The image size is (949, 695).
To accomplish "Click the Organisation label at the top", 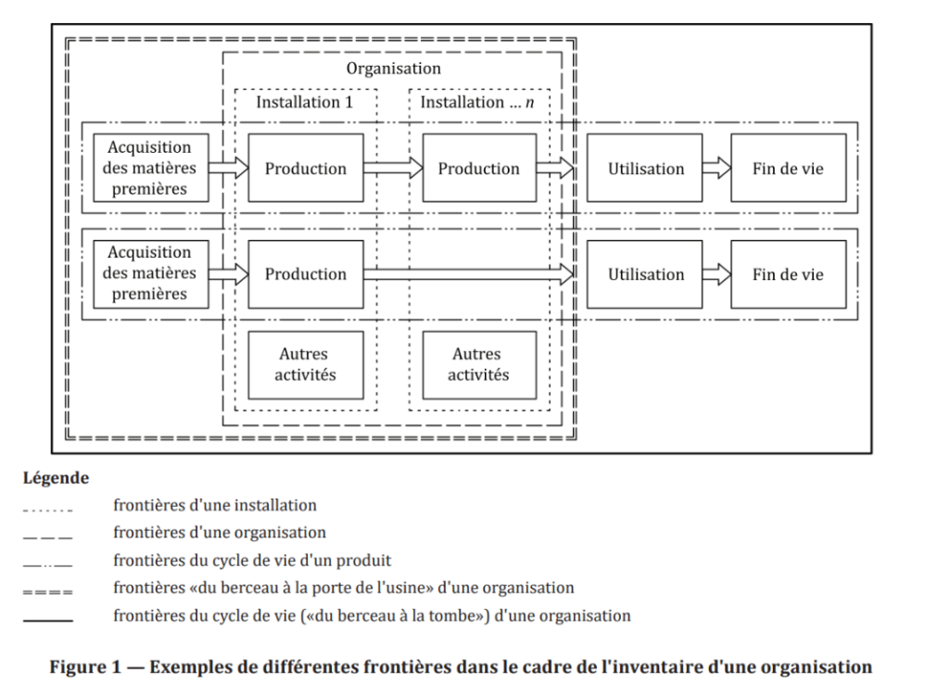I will pyautogui.click(x=393, y=69).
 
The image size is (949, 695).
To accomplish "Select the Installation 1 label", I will pyautogui.click(x=305, y=102).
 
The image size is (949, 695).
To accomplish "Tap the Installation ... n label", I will pyautogui.click(x=478, y=102).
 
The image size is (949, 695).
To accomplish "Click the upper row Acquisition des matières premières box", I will pyautogui.click(x=149, y=168).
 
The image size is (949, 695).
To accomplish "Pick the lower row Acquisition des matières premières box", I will pyautogui.click(x=149, y=273).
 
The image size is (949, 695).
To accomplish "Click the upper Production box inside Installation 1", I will pyautogui.click(x=305, y=169).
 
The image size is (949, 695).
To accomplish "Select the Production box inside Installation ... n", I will pyautogui.click(x=478, y=169).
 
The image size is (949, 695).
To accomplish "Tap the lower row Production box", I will pyautogui.click(x=305, y=274).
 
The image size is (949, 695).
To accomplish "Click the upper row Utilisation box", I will pyautogui.click(x=645, y=169).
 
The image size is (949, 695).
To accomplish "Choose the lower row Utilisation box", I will pyautogui.click(x=645, y=274).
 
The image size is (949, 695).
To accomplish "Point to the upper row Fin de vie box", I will pyautogui.click(x=788, y=169).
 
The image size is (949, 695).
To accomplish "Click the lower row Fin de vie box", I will pyautogui.click(x=788, y=274).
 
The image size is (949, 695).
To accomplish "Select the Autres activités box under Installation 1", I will pyautogui.click(x=305, y=364).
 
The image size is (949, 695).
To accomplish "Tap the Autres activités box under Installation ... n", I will pyautogui.click(x=478, y=364).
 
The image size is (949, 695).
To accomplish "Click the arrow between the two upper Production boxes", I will pyautogui.click(x=393, y=169).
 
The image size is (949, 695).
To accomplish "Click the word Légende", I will pyautogui.click(x=56, y=478).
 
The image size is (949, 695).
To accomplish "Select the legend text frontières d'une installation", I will pyautogui.click(x=215, y=506).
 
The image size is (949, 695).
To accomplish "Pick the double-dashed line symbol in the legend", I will pyautogui.click(x=48, y=589).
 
